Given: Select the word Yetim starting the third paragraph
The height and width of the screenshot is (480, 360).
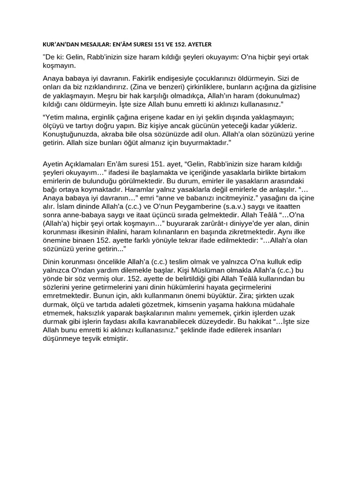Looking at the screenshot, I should (x=55, y=117).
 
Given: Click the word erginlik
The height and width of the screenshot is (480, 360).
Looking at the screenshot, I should (x=98, y=117).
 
